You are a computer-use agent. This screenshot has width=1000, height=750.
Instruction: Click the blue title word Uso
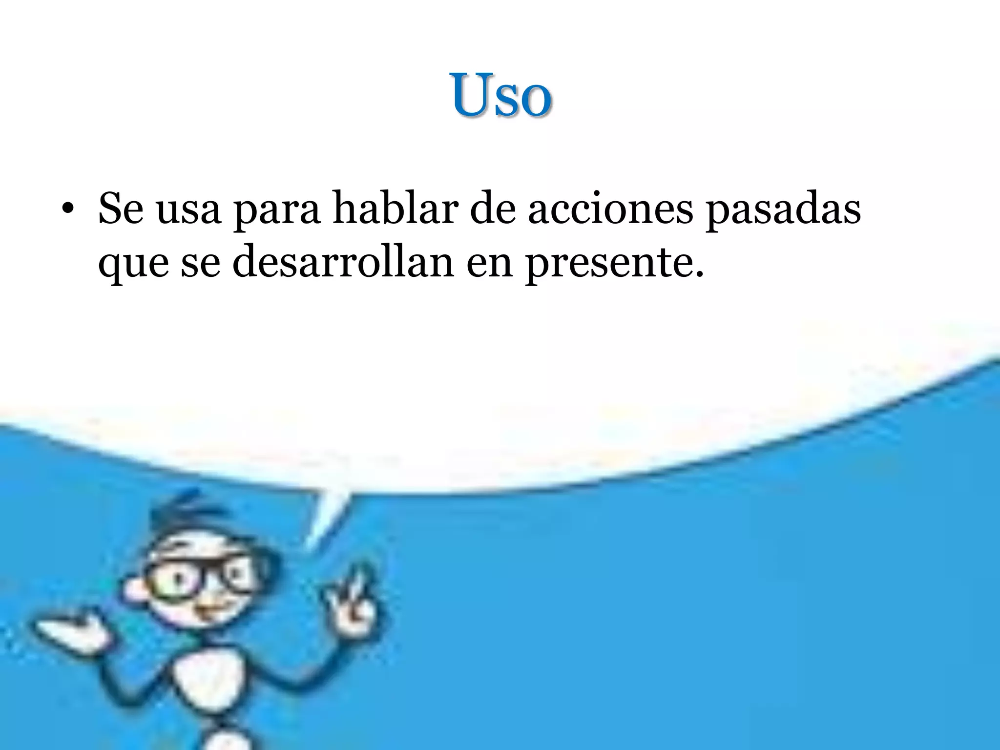(x=501, y=95)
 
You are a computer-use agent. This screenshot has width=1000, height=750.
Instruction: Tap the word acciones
(x=610, y=209)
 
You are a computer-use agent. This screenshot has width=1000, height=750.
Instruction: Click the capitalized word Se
(x=121, y=209)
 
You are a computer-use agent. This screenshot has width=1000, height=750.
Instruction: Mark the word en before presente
(x=490, y=264)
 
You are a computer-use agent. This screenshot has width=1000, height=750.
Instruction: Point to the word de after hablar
(x=493, y=209)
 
